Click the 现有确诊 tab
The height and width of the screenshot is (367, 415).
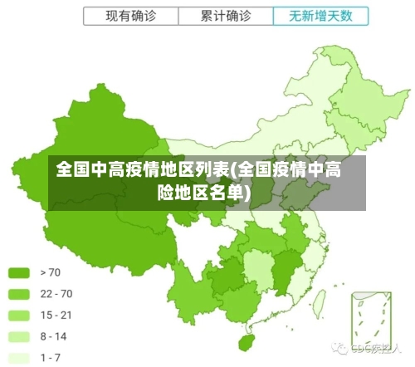[x=130, y=16]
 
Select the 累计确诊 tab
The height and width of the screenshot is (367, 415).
[x=226, y=16]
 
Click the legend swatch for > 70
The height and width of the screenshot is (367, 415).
[x=19, y=272]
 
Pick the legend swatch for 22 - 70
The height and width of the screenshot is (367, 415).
[x=19, y=293]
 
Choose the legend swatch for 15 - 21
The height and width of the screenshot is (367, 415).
[x=19, y=315]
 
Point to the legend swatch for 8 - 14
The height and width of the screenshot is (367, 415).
[x=19, y=336]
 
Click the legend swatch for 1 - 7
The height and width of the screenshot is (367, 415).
[x=19, y=357]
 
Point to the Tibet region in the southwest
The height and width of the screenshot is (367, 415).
[x=108, y=237]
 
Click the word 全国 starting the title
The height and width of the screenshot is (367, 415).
[x=73, y=171]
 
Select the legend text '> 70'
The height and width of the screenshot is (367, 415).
[x=51, y=272]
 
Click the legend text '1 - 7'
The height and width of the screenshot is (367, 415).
[x=51, y=357]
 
